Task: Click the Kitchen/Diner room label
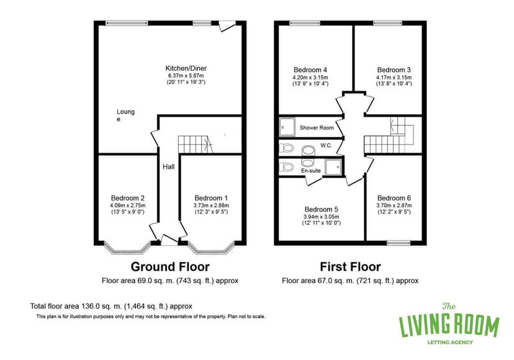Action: tap(186, 68)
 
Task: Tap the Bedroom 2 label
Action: tap(127, 198)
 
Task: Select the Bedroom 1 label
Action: tap(211, 198)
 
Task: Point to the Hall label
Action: tap(168, 166)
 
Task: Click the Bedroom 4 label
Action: tap(310, 70)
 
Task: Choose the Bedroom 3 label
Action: tap(394, 70)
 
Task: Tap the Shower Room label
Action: tap(317, 127)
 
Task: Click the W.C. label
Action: tap(326, 145)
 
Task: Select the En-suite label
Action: tap(311, 171)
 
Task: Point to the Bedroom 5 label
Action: tap(322, 209)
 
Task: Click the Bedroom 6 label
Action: tap(394, 198)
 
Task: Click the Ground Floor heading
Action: tap(170, 266)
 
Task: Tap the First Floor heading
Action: tap(350, 266)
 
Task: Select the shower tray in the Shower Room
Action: tap(287, 127)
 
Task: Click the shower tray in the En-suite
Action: tap(334, 166)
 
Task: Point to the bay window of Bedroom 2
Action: tap(127, 248)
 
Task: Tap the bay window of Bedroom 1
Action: tap(212, 248)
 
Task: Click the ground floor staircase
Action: tap(196, 144)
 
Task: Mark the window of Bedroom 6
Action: tap(399, 243)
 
